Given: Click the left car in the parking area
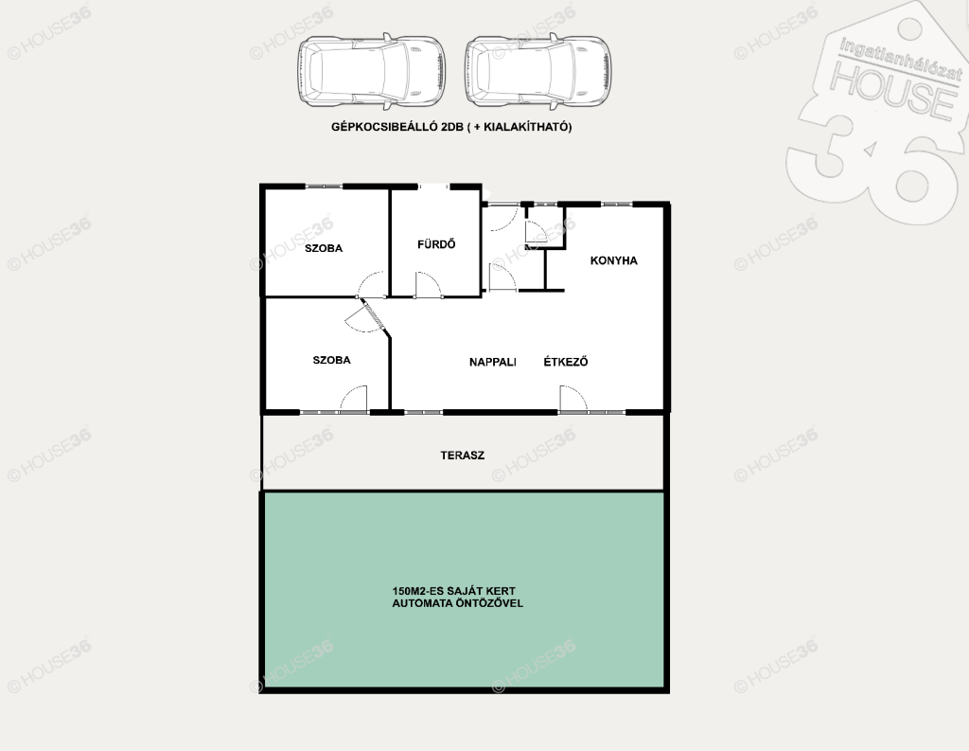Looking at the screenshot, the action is click(x=371, y=70).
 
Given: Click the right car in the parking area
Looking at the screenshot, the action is click(x=537, y=70).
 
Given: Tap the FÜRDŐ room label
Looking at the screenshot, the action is click(x=436, y=243).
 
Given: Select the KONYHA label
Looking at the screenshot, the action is click(x=613, y=260).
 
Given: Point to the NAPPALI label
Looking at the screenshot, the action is click(x=492, y=362).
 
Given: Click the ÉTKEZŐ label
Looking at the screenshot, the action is click(x=566, y=361).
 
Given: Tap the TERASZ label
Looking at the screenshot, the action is click(x=462, y=456).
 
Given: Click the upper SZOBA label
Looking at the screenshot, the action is click(x=324, y=248).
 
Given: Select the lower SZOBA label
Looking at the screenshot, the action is click(x=331, y=360).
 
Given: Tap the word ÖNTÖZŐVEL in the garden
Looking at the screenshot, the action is click(x=489, y=603).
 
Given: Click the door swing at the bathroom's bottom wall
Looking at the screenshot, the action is click(x=429, y=283).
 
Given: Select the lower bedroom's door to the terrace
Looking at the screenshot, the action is click(x=354, y=398).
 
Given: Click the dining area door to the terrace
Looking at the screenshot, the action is click(x=573, y=398).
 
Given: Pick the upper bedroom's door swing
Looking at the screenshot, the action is click(x=372, y=284).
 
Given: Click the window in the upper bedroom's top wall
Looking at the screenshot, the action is click(x=324, y=186).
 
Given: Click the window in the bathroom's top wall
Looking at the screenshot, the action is click(x=434, y=186).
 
